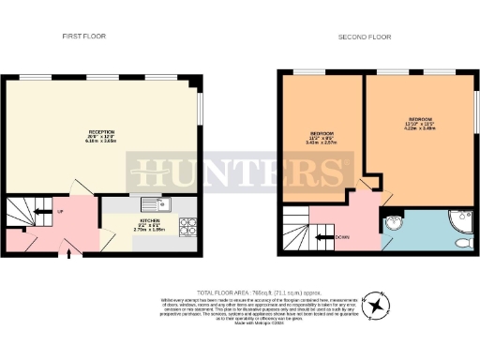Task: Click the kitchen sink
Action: tap(153, 203)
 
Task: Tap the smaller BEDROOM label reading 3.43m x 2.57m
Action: tap(322, 139)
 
